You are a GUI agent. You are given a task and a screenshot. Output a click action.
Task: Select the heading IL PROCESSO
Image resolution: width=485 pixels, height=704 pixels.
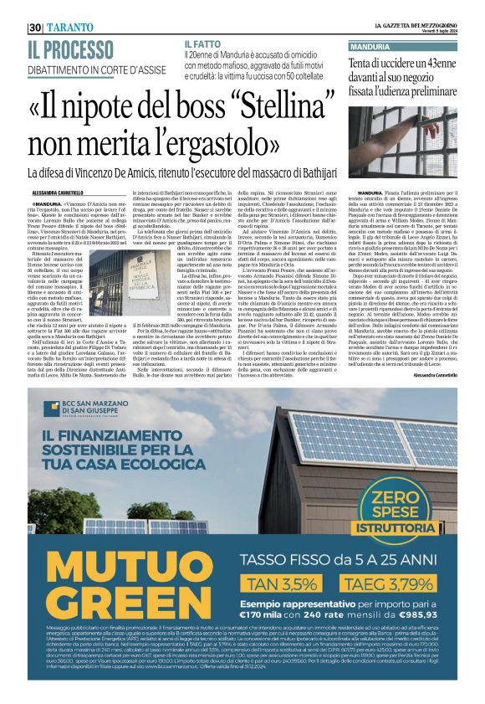click(74, 48)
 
